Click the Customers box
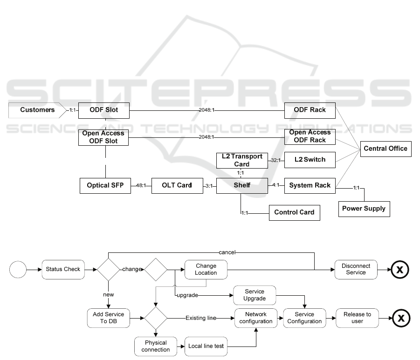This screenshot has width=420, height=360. [x=37, y=110]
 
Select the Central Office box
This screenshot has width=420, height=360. [x=385, y=149]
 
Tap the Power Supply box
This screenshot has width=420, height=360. [x=364, y=209]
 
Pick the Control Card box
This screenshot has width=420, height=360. [x=294, y=212]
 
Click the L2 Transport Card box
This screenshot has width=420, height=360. [x=242, y=160]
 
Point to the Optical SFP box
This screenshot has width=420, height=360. [x=105, y=185]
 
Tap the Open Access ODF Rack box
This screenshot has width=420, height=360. [x=310, y=136]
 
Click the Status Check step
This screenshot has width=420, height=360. [x=63, y=269]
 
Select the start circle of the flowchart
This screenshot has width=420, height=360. [x=18, y=269]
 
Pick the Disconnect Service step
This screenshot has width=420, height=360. [x=356, y=269]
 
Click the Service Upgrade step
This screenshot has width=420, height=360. [x=255, y=295]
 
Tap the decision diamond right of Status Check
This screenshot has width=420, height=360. [x=108, y=269]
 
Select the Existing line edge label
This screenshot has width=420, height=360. [x=200, y=318]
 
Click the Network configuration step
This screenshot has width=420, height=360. [x=255, y=318]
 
